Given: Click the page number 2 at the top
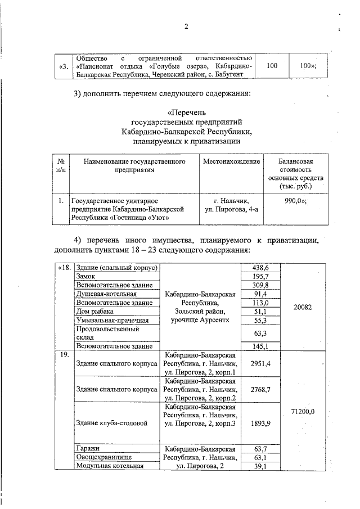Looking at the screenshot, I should (x=186, y=26).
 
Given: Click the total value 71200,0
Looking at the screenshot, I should (x=304, y=412).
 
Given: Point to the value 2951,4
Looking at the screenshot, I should (x=260, y=364).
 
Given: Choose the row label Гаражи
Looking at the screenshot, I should (x=88, y=449).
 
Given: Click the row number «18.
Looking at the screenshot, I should (x=64, y=268).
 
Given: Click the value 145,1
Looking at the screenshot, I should (x=260, y=346).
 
